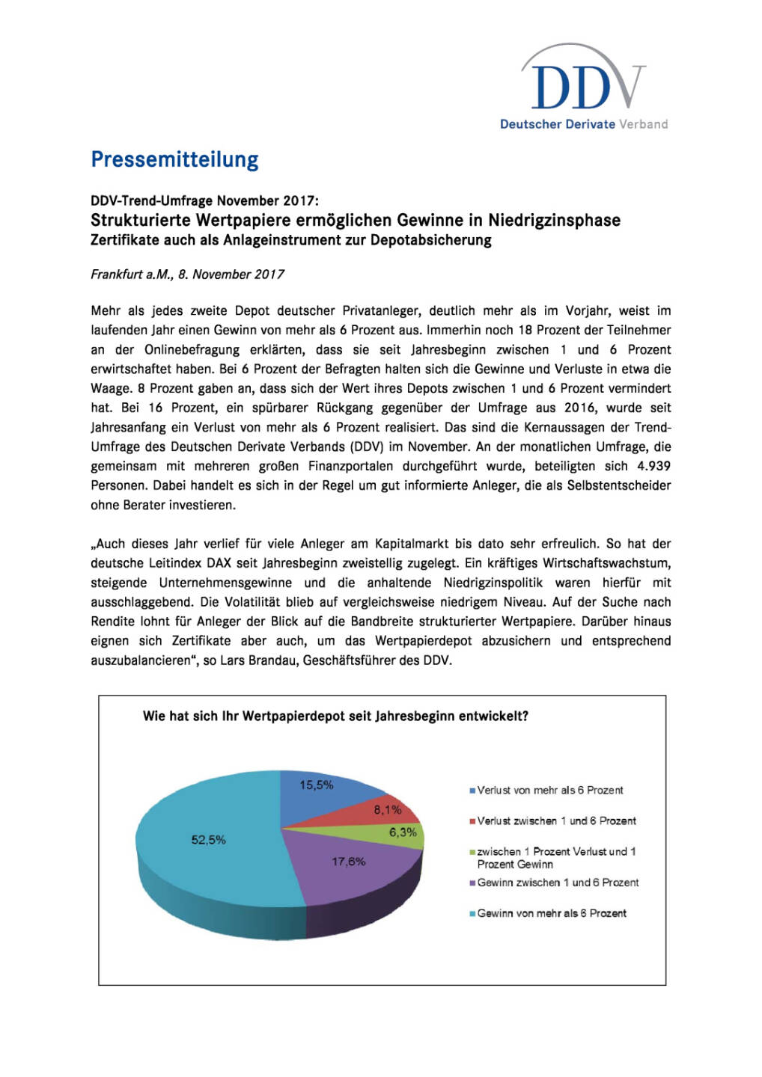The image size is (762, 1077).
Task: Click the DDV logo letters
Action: click(x=582, y=86)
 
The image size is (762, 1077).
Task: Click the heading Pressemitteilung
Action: click(x=174, y=159)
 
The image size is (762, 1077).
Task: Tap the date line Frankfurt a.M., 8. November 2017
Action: click(x=187, y=274)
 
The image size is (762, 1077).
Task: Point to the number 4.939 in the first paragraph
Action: click(x=653, y=466)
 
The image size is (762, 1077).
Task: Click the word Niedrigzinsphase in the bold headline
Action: click(x=555, y=220)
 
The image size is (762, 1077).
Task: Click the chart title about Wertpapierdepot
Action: click(x=335, y=716)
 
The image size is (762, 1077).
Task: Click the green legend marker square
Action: click(x=472, y=852)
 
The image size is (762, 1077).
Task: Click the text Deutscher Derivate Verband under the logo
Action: click(x=584, y=124)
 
